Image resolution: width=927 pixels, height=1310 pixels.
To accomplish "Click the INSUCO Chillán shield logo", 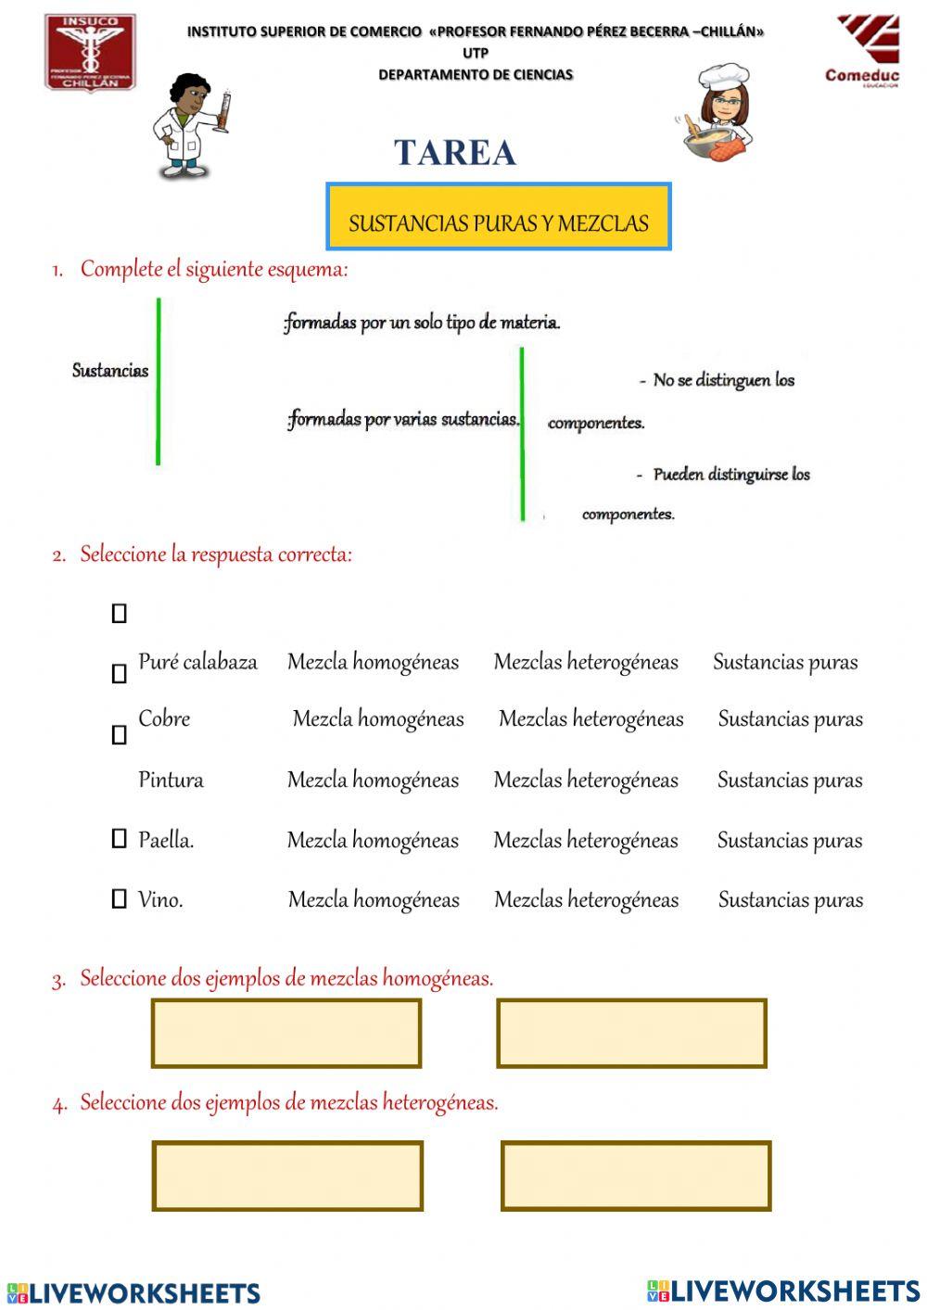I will tap(90, 53).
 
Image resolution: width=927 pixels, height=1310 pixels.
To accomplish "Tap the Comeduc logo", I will tap(863, 51).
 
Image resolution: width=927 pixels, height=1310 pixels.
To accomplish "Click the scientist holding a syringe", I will tap(189, 125).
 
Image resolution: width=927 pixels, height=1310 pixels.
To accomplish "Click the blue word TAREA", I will tap(454, 153).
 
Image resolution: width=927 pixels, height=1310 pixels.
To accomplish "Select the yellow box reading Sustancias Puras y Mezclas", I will tap(499, 217).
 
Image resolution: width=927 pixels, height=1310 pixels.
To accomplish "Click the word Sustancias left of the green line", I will tap(110, 371).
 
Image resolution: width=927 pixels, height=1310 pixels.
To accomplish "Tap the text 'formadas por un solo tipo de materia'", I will tap(422, 323).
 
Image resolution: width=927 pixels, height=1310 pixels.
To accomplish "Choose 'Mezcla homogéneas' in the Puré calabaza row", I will tap(373, 662).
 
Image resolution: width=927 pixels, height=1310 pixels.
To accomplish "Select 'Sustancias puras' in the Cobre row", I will tap(790, 719).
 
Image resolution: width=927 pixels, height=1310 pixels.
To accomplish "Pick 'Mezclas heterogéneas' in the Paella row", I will tap(586, 841).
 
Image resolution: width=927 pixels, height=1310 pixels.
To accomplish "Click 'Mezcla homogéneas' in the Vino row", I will tap(374, 900).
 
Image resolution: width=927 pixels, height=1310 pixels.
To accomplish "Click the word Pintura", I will tap(171, 780).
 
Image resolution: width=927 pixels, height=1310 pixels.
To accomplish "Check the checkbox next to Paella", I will tap(119, 839).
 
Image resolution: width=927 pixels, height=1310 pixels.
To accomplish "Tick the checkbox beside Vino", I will tap(119, 898).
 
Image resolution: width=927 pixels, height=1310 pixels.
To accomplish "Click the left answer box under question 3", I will tap(286, 1033).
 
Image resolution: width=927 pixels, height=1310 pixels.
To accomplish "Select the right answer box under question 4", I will tap(636, 1176).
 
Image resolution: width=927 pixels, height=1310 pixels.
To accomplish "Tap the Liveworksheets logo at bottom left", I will tap(133, 1292).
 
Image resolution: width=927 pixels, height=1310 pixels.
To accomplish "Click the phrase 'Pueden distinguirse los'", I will tap(730, 475).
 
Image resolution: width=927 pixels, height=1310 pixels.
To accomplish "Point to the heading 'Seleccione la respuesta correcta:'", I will tap(216, 554).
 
